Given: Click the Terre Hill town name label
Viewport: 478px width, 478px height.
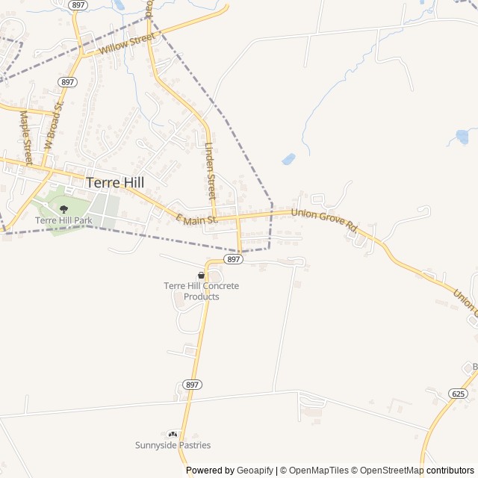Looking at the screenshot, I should [x=115, y=181].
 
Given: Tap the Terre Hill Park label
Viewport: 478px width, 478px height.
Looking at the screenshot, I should [x=63, y=220].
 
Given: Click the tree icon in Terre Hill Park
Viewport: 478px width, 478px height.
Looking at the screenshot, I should [x=63, y=209].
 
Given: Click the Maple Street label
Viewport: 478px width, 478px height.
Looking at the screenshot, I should [x=26, y=139].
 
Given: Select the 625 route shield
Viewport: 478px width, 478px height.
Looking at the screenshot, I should [x=458, y=393].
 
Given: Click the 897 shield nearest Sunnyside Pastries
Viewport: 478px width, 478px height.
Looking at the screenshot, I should [x=192, y=385].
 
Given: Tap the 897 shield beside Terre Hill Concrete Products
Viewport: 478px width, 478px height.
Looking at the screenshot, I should [x=234, y=259].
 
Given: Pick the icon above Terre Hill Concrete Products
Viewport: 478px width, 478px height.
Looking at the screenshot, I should [x=201, y=276].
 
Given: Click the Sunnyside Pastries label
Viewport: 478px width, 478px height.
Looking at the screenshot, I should [x=173, y=445].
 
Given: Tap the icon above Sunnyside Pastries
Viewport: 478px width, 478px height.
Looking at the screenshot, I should [x=173, y=434].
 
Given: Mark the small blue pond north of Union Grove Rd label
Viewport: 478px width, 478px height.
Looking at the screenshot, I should [x=288, y=159].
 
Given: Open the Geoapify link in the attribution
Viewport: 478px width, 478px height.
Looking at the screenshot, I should [x=255, y=471].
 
